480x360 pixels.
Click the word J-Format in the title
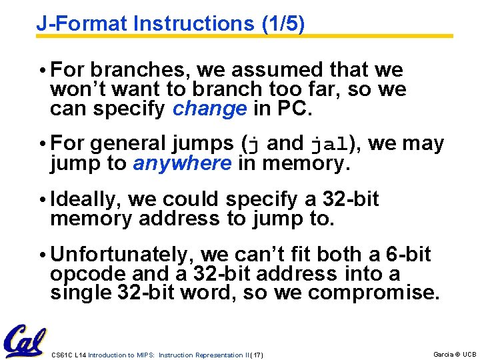pyautogui.click(x=82, y=24)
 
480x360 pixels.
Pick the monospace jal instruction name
pyautogui.click(x=329, y=144)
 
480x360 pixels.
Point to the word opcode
pyautogui.click(x=83, y=274)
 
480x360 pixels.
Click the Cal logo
pyautogui.click(x=25, y=341)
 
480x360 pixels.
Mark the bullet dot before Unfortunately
pyautogui.click(x=41, y=255)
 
